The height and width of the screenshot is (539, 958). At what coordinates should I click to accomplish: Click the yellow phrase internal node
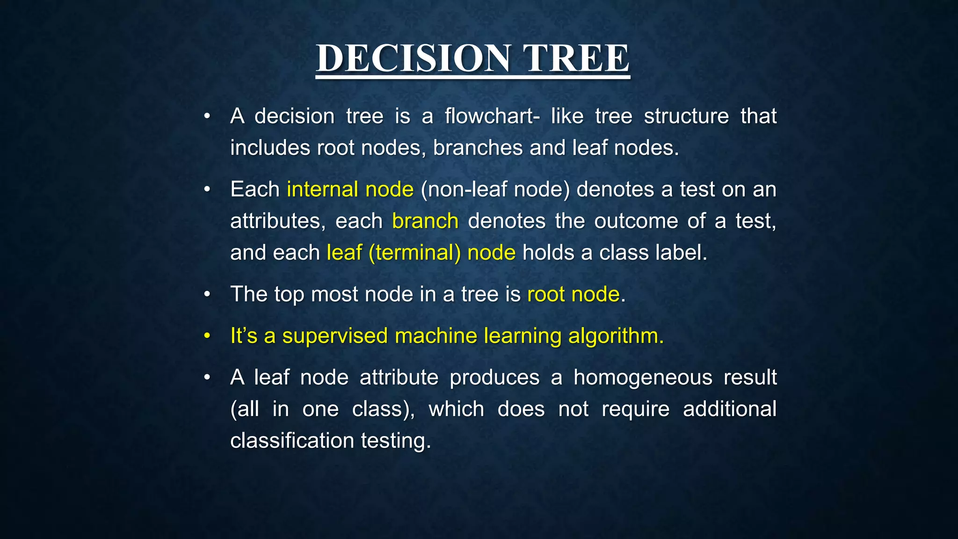350,189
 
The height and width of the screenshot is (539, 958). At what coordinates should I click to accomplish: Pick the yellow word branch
425,221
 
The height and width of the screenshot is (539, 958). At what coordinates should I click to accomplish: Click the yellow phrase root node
573,294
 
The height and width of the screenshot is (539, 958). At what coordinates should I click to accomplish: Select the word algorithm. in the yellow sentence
616,336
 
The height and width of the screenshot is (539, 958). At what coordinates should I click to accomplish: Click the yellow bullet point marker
207,336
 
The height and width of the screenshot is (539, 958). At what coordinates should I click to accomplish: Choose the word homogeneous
643,377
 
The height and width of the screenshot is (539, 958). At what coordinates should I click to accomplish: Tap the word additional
729,409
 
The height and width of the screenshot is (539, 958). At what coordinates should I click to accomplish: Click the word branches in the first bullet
478,148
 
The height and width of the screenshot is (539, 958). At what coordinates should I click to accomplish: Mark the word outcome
636,221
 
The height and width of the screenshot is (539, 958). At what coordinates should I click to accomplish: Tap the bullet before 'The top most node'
207,295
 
